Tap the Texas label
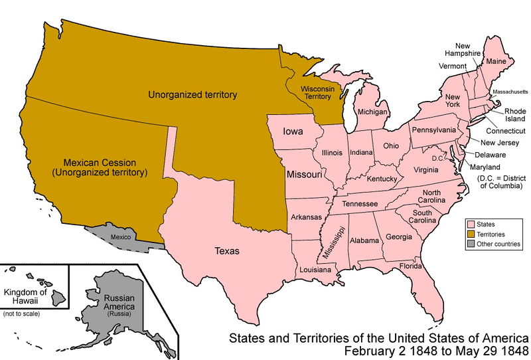(x=228, y=251)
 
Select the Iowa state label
(x=293, y=132)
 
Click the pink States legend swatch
(x=471, y=225)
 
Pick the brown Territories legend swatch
(x=471, y=234)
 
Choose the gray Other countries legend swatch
(x=471, y=244)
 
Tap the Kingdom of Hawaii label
(x=26, y=297)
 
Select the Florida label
(x=411, y=266)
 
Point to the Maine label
(x=494, y=61)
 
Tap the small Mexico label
(x=121, y=236)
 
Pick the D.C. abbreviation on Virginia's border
(x=437, y=157)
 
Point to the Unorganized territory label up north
(x=193, y=95)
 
